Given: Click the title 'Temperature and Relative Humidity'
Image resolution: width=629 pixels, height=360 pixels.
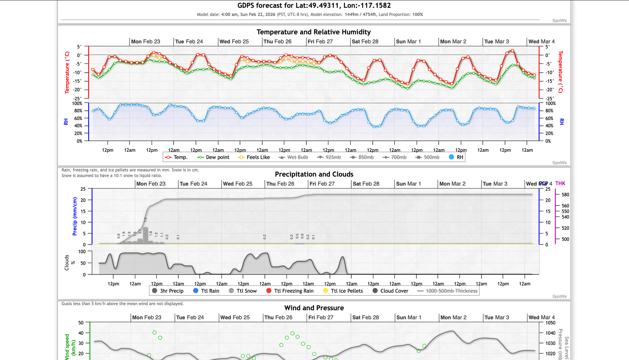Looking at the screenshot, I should (314, 32).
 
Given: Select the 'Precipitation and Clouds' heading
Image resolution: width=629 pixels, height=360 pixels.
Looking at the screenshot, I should (314, 174).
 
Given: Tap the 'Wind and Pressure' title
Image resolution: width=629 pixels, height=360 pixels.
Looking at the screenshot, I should (314, 308).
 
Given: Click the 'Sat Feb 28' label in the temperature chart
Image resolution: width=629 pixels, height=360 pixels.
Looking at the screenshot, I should (365, 42).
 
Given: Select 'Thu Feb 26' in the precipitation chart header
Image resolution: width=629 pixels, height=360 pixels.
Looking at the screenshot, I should (280, 184).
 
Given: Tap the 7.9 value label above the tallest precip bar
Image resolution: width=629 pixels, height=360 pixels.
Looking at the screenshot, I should (145, 220).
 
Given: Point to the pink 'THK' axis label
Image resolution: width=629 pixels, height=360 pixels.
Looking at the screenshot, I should (560, 183).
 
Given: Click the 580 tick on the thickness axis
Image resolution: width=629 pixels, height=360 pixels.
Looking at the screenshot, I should (565, 195).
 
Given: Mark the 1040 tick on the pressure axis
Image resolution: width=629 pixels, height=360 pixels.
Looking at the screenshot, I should (550, 333).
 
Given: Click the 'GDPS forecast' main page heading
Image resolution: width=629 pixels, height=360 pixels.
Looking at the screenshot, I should (314, 6).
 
